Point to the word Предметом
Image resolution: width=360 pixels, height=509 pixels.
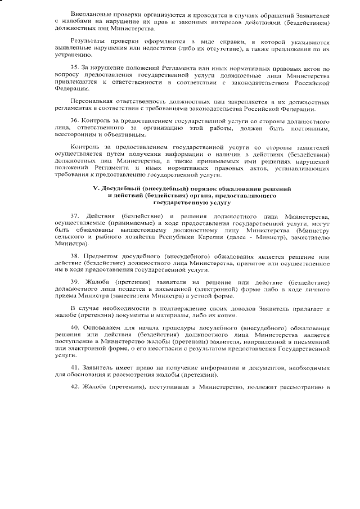point(101,256)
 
